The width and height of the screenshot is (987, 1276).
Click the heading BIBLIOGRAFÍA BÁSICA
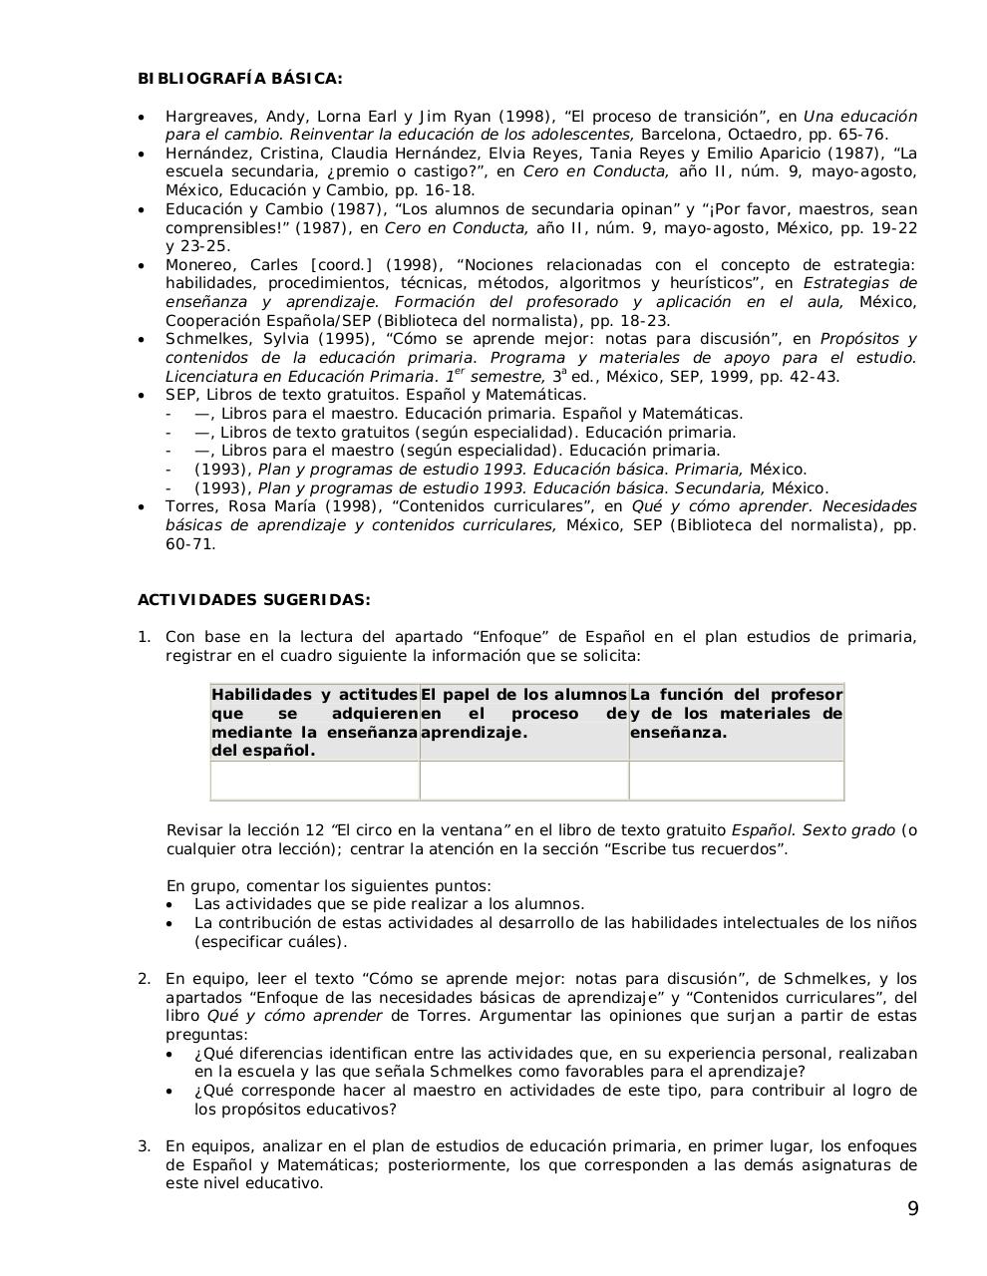coord(239,79)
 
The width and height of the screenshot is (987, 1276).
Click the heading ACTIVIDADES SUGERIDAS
coord(253,600)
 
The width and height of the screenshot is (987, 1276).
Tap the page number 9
coord(913,1210)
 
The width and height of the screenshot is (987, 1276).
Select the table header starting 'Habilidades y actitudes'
coord(314,722)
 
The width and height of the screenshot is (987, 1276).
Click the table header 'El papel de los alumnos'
coord(523,713)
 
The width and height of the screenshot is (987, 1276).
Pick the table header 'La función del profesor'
coord(736,713)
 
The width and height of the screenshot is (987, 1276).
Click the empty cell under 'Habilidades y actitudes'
coord(314,781)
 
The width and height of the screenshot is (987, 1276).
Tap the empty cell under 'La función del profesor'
coord(736,781)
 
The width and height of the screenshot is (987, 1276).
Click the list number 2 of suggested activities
coord(144,979)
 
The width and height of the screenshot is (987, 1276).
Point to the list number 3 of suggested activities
coord(144,1146)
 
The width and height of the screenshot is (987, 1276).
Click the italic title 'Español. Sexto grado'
coord(813,830)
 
